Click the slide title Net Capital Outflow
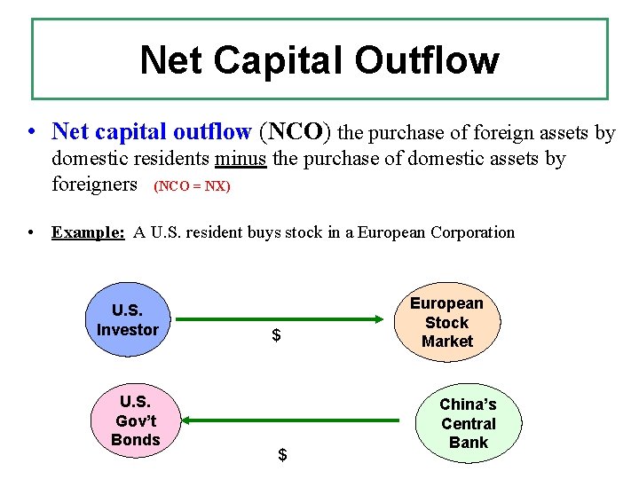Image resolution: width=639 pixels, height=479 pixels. coord(319,60)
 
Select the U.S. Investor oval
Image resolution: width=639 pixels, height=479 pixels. coord(127,321)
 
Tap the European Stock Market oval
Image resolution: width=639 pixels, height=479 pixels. coord(446,322)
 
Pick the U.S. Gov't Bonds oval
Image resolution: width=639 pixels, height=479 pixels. coord(135,420)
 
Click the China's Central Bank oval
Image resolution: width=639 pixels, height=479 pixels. coord(468,423)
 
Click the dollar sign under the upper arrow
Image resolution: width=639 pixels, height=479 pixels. coord(277,335)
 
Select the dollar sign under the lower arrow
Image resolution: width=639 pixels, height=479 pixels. coord(282,455)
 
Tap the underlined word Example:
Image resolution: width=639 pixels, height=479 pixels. coord(88,232)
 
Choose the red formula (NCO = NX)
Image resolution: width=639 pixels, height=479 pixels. coord(192,187)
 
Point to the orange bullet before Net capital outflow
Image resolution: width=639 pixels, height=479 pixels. coord(32,132)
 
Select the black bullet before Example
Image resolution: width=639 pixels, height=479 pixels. coord(32,232)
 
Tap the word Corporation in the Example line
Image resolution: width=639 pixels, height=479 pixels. coord(472,232)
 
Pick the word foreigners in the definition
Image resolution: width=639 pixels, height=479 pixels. coord(95,185)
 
